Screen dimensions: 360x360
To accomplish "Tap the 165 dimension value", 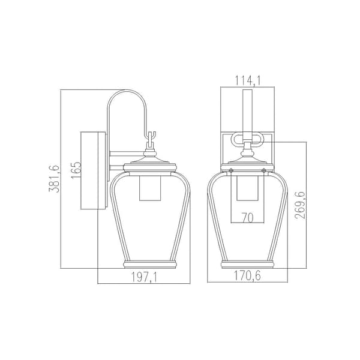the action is [76, 170].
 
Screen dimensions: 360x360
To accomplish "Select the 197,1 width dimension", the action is [144, 277].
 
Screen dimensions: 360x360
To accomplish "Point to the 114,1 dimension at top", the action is [247, 80].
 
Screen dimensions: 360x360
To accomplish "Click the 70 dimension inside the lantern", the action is [247, 217].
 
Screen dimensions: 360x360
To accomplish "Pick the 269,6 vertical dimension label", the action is [301, 205].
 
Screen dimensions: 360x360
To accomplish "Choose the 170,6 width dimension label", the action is [247, 275].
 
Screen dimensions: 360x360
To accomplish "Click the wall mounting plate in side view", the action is [94, 170].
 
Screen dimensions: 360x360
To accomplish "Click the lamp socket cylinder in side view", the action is [150, 188].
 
